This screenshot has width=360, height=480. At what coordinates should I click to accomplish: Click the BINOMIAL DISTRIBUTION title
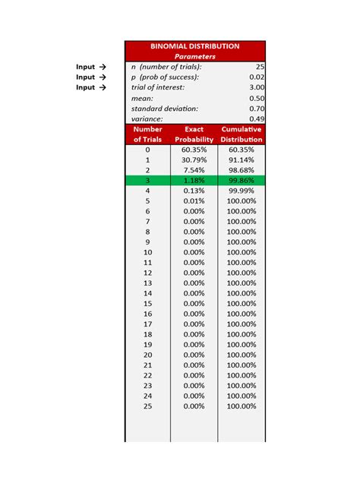pos(194,46)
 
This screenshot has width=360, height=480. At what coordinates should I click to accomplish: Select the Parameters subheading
pos(194,56)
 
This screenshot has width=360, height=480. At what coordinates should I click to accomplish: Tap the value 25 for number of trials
pos(259,67)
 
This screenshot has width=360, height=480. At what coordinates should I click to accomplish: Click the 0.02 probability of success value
pos(257,77)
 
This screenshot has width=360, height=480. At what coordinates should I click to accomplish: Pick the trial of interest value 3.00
pos(257,87)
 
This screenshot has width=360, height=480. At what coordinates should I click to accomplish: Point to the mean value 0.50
pos(257,98)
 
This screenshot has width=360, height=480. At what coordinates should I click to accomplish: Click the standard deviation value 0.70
pos(257,109)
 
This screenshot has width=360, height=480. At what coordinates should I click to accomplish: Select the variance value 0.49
pos(257,119)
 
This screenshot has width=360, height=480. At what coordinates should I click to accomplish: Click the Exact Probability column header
pos(194,134)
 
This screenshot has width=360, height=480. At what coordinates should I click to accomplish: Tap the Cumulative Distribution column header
pos(242,134)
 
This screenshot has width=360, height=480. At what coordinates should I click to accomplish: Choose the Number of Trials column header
pos(147,134)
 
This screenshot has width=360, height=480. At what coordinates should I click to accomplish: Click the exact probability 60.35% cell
pos(194,150)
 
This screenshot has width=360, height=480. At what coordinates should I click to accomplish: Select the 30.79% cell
pos(194,160)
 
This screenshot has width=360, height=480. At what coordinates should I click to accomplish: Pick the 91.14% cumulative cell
pos(242,160)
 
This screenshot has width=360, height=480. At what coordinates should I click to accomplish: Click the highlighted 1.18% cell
pos(194,181)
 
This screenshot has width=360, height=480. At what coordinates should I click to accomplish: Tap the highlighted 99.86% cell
pos(242,181)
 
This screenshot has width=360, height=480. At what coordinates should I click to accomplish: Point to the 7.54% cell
pos(194,170)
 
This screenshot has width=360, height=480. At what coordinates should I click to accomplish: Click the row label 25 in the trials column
pos(147,406)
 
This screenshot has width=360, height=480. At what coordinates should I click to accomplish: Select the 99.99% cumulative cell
pos(242,191)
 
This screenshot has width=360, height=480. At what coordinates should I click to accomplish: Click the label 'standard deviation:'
pos(164,109)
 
